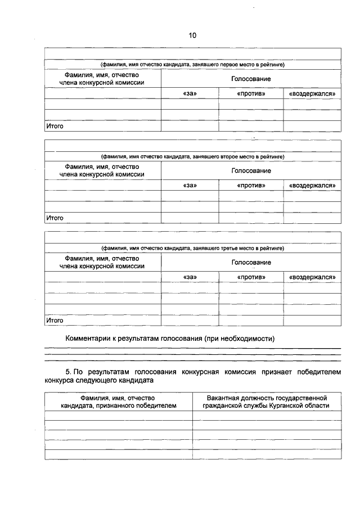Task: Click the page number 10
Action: point(192,35)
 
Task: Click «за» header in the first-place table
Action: point(190,93)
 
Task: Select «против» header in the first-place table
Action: point(251,93)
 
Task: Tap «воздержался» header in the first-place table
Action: point(312,93)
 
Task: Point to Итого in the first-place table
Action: point(55,126)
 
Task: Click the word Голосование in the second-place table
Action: point(251,170)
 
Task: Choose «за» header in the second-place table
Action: point(190,185)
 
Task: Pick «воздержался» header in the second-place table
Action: point(312,185)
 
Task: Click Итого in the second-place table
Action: point(55,218)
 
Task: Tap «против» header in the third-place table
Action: point(251,277)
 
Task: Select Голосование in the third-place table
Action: point(251,262)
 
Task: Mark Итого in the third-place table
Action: point(55,320)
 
